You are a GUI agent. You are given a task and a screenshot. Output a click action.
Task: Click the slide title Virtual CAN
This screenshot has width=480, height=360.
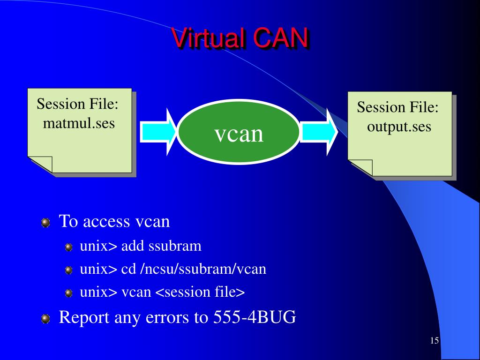240,38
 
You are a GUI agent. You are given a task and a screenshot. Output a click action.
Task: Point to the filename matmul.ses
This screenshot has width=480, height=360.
79,124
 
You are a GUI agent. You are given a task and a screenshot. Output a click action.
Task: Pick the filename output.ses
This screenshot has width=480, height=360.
399,127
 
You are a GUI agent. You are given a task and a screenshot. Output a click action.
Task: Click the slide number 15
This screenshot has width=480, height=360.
434,340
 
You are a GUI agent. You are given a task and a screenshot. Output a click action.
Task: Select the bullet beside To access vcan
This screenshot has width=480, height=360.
45,223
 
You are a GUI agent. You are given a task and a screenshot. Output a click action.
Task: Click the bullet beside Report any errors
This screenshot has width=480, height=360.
45,319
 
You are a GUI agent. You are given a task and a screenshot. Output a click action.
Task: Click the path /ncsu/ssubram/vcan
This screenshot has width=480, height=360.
203,269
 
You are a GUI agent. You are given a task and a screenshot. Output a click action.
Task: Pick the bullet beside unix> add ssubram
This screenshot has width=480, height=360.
69,247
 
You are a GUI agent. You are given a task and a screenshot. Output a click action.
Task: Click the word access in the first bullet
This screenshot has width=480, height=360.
106,221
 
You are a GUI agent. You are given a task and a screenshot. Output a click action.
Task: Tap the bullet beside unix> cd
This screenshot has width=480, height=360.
69,270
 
